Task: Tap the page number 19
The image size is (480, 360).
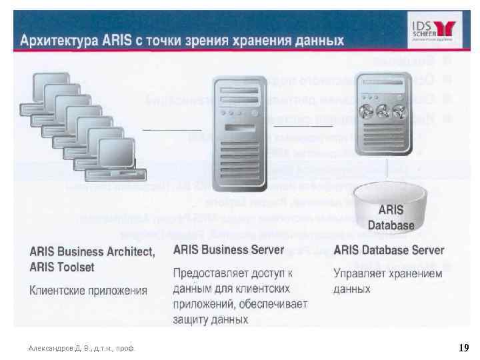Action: pyautogui.click(x=464, y=348)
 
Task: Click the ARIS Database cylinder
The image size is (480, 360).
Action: pyautogui.click(x=391, y=207)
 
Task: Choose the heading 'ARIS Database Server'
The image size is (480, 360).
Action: pyautogui.click(x=389, y=250)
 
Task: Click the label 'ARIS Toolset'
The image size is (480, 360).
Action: pyautogui.click(x=62, y=267)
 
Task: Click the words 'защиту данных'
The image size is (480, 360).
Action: pyautogui.click(x=211, y=319)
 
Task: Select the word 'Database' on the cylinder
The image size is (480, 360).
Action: pyautogui.click(x=391, y=225)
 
